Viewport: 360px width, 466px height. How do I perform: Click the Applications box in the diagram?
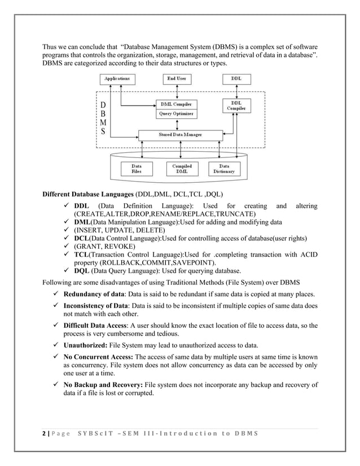pos(117,79)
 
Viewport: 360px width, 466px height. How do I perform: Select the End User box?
pos(178,79)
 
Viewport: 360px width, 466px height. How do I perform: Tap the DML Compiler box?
pos(177,104)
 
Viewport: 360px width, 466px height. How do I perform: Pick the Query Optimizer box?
pos(177,114)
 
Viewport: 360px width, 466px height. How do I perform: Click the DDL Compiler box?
pos(236,105)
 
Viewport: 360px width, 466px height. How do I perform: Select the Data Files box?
pos(137,169)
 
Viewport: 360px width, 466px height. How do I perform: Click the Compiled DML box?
pos(182,169)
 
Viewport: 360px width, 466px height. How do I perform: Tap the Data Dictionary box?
pos(224,169)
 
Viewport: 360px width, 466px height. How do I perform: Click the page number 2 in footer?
pos(45,433)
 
